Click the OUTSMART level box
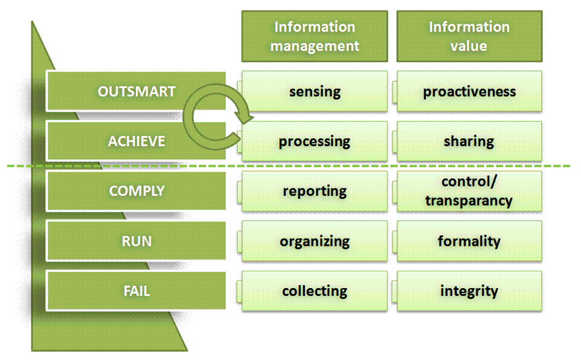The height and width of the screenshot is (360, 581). point(136,91)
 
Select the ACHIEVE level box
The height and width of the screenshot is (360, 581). point(136,141)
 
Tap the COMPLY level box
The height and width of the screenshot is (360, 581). point(136,191)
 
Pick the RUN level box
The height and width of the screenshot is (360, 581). point(136,241)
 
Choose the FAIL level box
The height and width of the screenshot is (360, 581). point(136,291)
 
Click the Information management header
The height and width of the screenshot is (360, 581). point(315,36)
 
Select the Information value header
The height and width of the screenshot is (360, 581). point(469,36)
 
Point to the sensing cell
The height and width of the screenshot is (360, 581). point(315,91)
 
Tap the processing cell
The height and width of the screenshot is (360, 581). point(315,141)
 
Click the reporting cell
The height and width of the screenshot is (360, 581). point(315,191)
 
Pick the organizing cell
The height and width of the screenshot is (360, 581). point(315,241)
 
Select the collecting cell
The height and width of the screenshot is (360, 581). point(315,291)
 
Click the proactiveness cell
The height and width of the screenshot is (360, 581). point(469,91)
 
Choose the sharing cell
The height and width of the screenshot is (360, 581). point(469,141)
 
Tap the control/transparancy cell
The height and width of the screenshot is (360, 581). point(469,191)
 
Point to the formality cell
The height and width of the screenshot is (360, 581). point(469,241)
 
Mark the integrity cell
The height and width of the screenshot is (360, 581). point(469,291)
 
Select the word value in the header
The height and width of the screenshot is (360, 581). point(469,46)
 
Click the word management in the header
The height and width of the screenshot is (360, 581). point(315,47)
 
